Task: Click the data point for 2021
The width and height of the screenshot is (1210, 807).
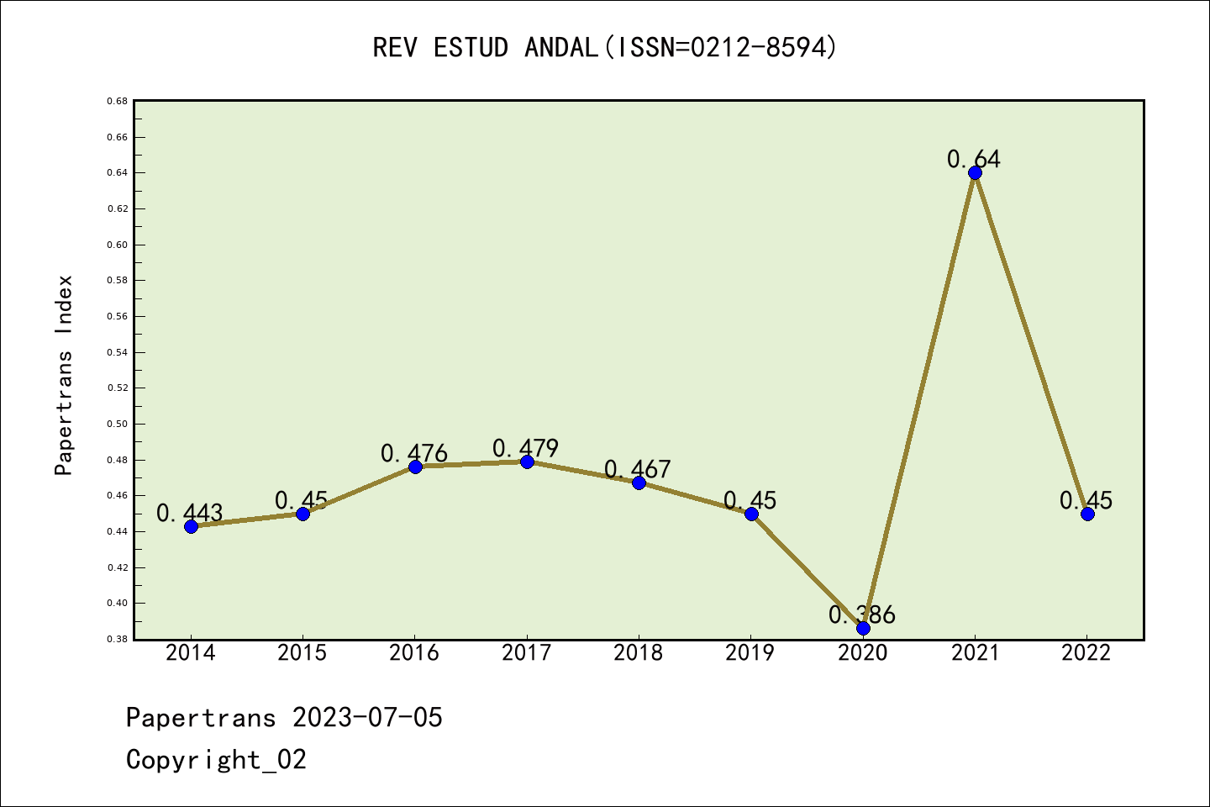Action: click(x=975, y=173)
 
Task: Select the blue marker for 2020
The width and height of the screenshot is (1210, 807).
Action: click(x=863, y=628)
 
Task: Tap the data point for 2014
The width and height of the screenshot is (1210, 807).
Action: click(x=191, y=526)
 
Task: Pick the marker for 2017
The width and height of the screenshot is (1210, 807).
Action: click(x=527, y=462)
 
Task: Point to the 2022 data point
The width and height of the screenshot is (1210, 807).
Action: click(x=1087, y=514)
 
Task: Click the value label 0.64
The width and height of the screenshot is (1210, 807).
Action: click(x=974, y=159)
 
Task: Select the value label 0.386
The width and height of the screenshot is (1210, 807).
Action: click(x=862, y=614)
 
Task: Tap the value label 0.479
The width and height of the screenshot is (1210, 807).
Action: click(x=525, y=448)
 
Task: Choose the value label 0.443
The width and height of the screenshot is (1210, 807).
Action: click(x=190, y=513)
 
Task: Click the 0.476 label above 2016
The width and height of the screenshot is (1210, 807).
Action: click(x=414, y=453)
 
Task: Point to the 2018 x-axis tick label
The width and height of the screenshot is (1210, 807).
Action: click(x=639, y=653)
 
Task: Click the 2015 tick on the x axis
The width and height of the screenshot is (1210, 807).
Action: click(x=302, y=653)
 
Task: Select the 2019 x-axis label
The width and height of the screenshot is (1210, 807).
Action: click(x=750, y=653)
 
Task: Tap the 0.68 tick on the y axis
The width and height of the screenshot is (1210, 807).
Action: click(x=117, y=101)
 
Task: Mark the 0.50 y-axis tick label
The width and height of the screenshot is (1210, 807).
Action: click(x=117, y=425)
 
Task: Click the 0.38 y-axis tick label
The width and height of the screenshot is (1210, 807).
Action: click(x=117, y=640)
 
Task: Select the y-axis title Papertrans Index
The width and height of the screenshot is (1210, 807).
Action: click(x=65, y=375)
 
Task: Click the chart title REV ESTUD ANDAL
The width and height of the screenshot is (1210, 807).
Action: click(x=605, y=47)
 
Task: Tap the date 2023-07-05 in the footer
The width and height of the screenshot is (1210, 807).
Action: click(x=367, y=718)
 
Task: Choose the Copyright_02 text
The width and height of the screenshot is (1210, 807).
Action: click(x=216, y=760)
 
